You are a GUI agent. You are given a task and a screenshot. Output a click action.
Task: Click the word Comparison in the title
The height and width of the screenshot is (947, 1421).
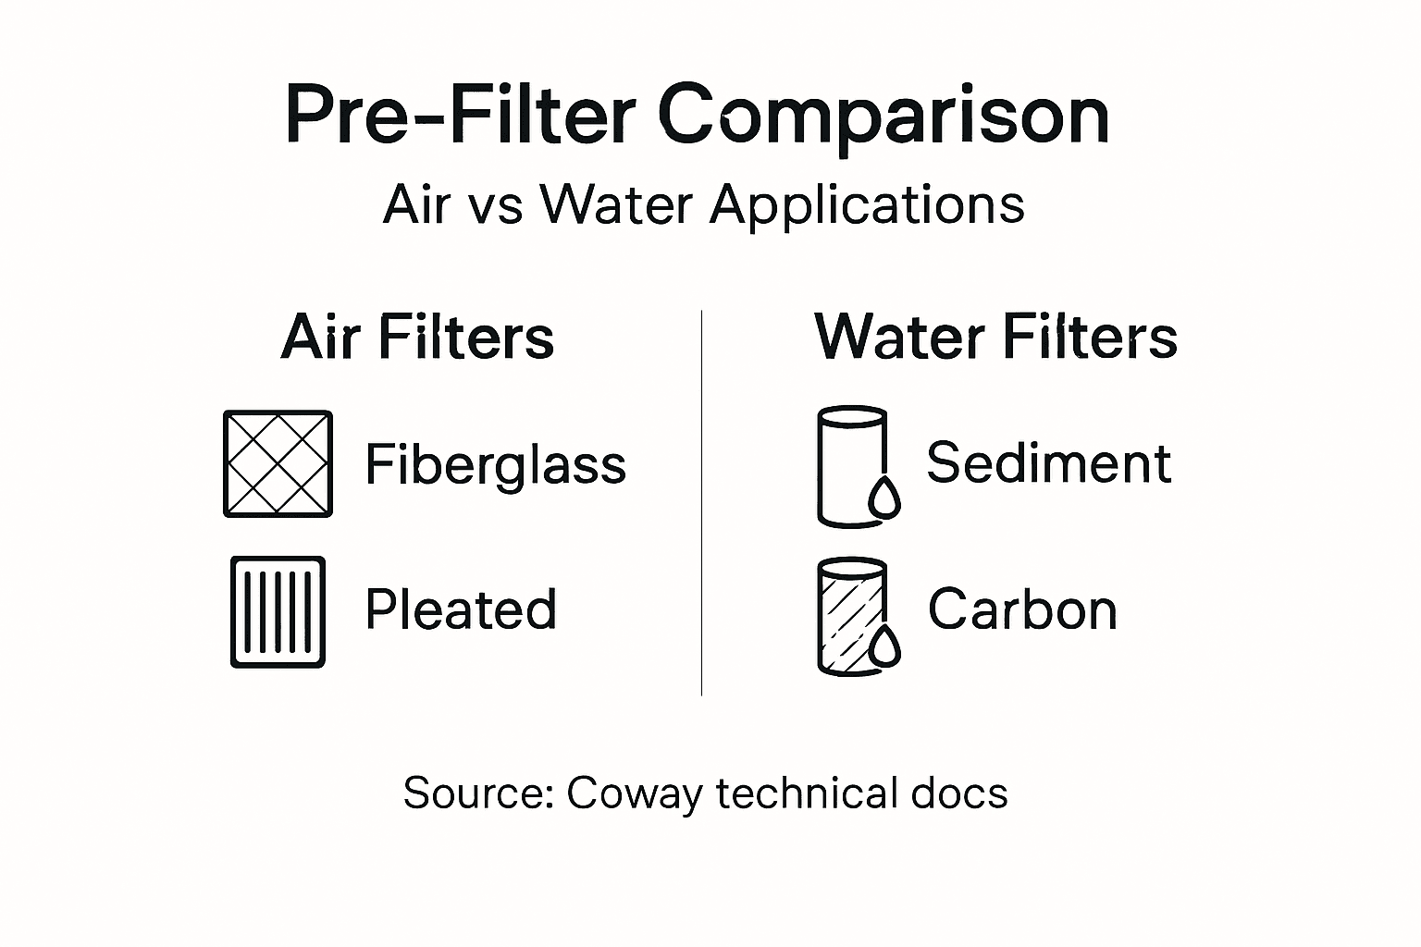click(x=883, y=115)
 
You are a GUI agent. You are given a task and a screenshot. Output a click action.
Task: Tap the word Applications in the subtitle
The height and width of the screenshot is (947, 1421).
click(x=867, y=204)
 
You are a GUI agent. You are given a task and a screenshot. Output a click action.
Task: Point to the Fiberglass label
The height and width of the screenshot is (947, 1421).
click(x=495, y=464)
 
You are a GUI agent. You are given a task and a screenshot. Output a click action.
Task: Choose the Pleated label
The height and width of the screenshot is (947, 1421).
click(x=461, y=609)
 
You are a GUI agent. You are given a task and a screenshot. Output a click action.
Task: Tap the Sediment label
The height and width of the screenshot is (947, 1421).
click(x=1048, y=462)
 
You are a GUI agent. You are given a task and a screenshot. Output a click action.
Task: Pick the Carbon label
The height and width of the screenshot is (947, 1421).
click(x=1022, y=609)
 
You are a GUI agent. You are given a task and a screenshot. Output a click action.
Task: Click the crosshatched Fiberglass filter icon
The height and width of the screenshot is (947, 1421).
click(x=278, y=463)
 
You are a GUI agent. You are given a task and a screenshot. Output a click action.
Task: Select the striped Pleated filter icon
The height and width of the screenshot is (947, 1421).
click(x=278, y=611)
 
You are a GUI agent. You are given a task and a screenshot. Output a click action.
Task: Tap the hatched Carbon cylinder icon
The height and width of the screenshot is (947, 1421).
click(x=850, y=614)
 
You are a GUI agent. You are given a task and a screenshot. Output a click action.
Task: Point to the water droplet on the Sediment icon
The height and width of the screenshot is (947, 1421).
click(x=884, y=498)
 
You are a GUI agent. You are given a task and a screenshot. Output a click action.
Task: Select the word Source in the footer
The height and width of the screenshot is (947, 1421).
click(x=476, y=793)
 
